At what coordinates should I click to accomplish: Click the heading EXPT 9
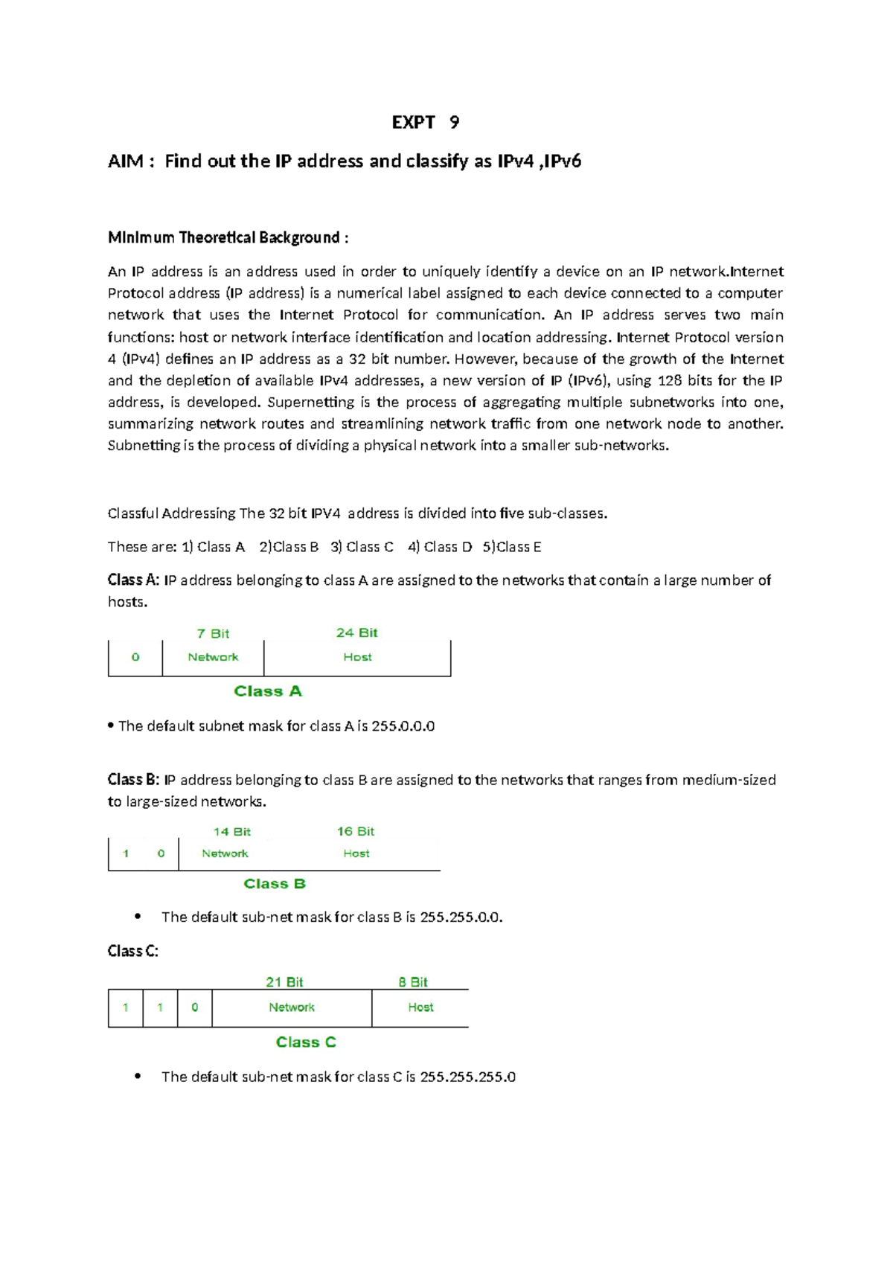coord(425,123)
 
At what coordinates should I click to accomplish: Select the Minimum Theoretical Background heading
coord(228,238)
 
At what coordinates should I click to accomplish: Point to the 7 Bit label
coord(213,633)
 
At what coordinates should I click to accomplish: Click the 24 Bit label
coord(356,632)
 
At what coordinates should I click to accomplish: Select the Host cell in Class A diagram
coord(357,657)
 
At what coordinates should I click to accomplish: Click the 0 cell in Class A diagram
coord(135,657)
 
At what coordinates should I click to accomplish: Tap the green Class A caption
coord(268,691)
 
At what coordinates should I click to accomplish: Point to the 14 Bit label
coord(231,832)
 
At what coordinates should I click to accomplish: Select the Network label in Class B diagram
coord(225,853)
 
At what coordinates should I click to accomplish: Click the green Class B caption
coord(275,884)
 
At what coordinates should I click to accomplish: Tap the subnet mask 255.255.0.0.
coord(461,917)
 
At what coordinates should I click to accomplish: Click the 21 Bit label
coord(284,982)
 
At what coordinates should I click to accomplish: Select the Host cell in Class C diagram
coord(420,1008)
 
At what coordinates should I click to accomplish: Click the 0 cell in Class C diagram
coord(195,1008)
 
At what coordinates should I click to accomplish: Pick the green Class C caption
coord(306,1042)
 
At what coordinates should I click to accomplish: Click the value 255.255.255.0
coord(467,1077)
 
